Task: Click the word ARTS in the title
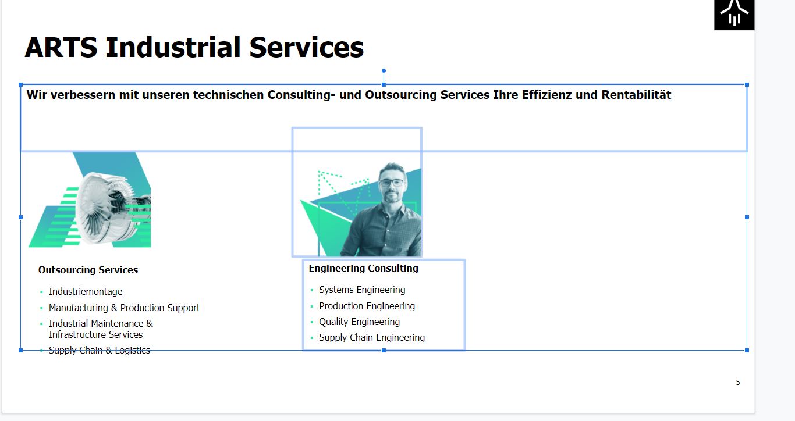[x=61, y=47]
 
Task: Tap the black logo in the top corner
[x=734, y=15]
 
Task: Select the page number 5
[x=738, y=383]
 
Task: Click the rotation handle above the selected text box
[x=384, y=70]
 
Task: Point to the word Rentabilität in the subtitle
[x=636, y=95]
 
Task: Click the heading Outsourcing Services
[x=88, y=270]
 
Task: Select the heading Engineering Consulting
[x=363, y=268]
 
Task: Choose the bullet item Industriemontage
[x=86, y=291]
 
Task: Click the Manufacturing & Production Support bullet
[x=124, y=308]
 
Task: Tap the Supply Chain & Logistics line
[x=100, y=351]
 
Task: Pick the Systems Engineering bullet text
[x=362, y=290]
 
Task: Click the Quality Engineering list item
[x=359, y=322]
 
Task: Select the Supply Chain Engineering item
[x=371, y=337]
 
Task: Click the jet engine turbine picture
[x=90, y=199]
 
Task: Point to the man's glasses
[x=392, y=183]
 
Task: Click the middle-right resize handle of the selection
[x=747, y=217]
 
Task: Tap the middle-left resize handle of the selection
[x=20, y=217]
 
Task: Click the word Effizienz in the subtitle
[x=546, y=95]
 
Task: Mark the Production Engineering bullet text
[x=367, y=306]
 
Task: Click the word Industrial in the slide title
[x=173, y=47]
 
